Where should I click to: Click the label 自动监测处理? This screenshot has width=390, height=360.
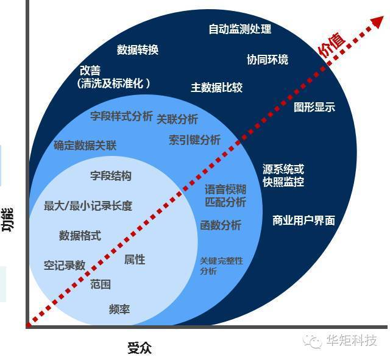point(239,29)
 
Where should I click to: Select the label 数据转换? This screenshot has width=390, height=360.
point(138,50)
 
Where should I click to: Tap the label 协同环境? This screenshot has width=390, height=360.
point(268,59)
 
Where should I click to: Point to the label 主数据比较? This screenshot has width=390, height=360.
point(217,88)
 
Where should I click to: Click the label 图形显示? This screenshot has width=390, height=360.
point(314,107)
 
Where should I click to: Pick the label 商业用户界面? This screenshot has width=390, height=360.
point(303,221)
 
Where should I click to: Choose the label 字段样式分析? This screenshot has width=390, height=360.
point(121,116)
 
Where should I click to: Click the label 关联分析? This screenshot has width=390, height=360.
point(177,119)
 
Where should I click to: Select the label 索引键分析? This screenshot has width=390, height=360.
point(195,140)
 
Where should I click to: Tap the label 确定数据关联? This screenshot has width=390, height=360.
point(85,145)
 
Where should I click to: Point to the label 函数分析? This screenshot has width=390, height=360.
point(221,225)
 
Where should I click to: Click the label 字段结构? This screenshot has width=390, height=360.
point(111,176)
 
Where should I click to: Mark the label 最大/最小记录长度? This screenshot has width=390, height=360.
point(88,206)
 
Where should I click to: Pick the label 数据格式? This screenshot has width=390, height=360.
point(80,235)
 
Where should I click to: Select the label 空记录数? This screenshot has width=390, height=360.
point(65,265)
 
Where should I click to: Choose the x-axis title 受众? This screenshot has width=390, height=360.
point(140,348)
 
